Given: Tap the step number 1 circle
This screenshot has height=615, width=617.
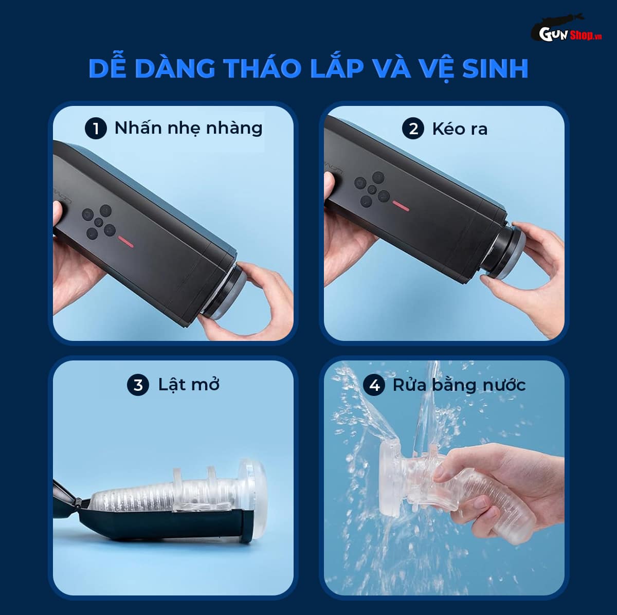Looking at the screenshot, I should (x=96, y=129).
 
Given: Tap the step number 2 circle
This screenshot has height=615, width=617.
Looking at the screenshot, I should (x=414, y=129).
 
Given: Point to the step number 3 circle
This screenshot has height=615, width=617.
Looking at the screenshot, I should (x=138, y=385).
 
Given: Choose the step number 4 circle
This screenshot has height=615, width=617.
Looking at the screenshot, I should (x=374, y=385).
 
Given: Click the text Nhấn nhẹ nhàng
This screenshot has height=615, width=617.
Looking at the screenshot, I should (x=188, y=128).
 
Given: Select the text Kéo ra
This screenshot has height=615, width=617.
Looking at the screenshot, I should (x=460, y=129).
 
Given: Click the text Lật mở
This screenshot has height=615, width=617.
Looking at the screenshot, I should (x=188, y=385).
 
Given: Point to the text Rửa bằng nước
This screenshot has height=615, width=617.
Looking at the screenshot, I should (x=459, y=385).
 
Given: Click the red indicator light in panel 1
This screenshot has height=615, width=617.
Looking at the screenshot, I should (x=125, y=239).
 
